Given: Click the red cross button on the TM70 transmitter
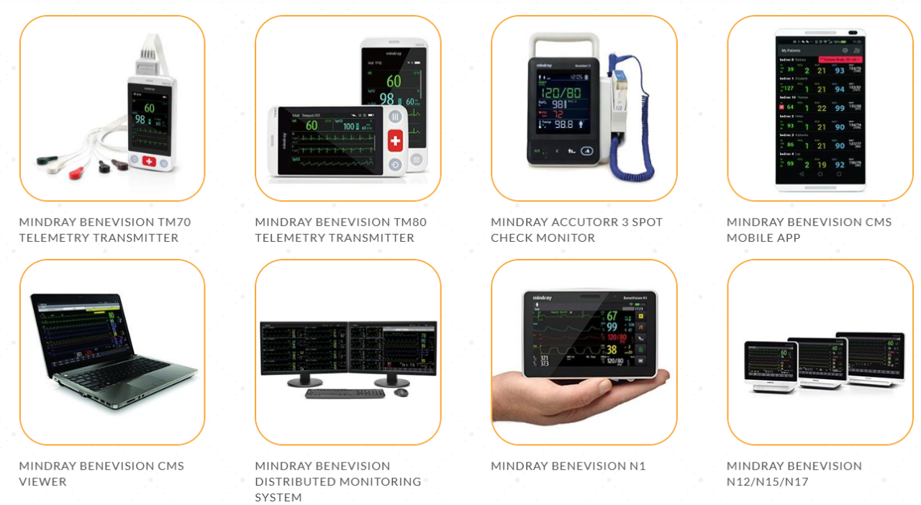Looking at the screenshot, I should (x=149, y=162).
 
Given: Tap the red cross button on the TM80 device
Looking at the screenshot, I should (x=395, y=140).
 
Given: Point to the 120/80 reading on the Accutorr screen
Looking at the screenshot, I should (x=563, y=93).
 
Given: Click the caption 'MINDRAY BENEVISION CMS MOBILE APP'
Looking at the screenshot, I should (x=809, y=229).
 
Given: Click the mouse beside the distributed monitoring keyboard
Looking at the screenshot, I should (x=401, y=392).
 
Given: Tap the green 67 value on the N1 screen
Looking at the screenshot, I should (x=612, y=316).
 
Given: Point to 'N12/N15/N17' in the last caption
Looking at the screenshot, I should (x=768, y=482).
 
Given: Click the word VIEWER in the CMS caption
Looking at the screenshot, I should (x=43, y=482).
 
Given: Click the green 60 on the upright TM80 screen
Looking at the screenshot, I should (x=394, y=81).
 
